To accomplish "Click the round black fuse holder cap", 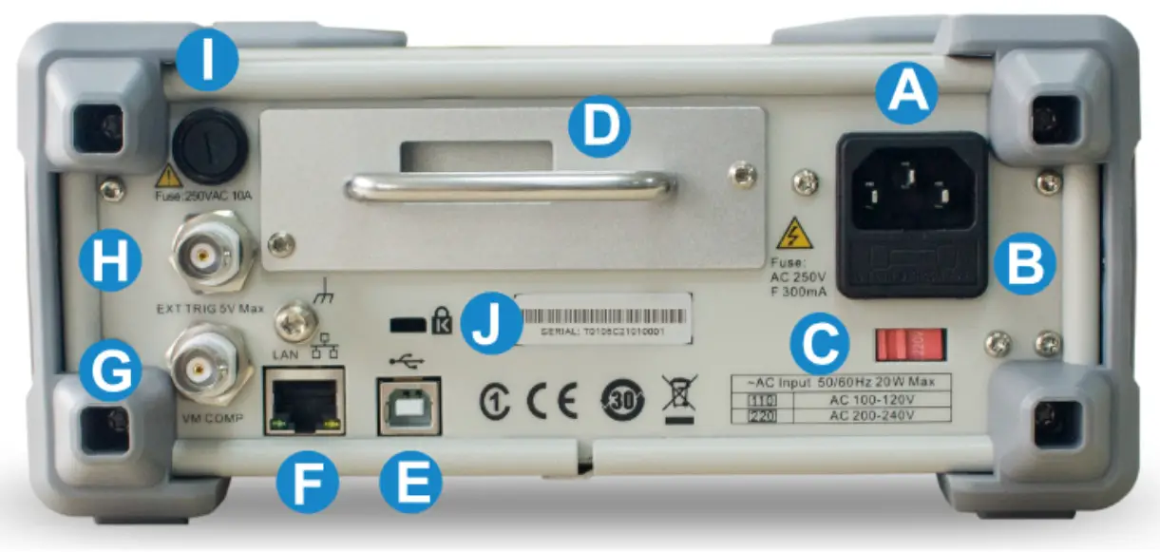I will click(208, 145).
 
